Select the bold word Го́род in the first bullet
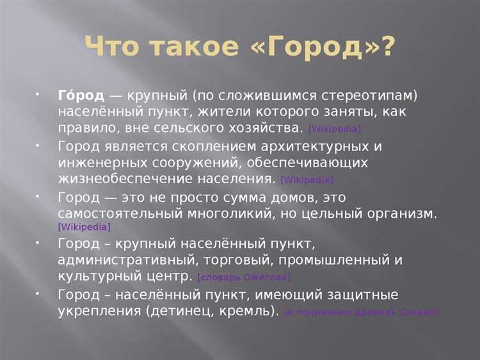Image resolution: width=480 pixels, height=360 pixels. (x=81, y=95)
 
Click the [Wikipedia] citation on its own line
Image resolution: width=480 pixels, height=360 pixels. (x=84, y=227)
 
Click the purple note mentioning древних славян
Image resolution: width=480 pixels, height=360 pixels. (x=362, y=313)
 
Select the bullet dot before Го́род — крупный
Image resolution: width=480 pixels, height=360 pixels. (x=38, y=94)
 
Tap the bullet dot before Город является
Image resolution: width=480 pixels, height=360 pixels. (x=38, y=144)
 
